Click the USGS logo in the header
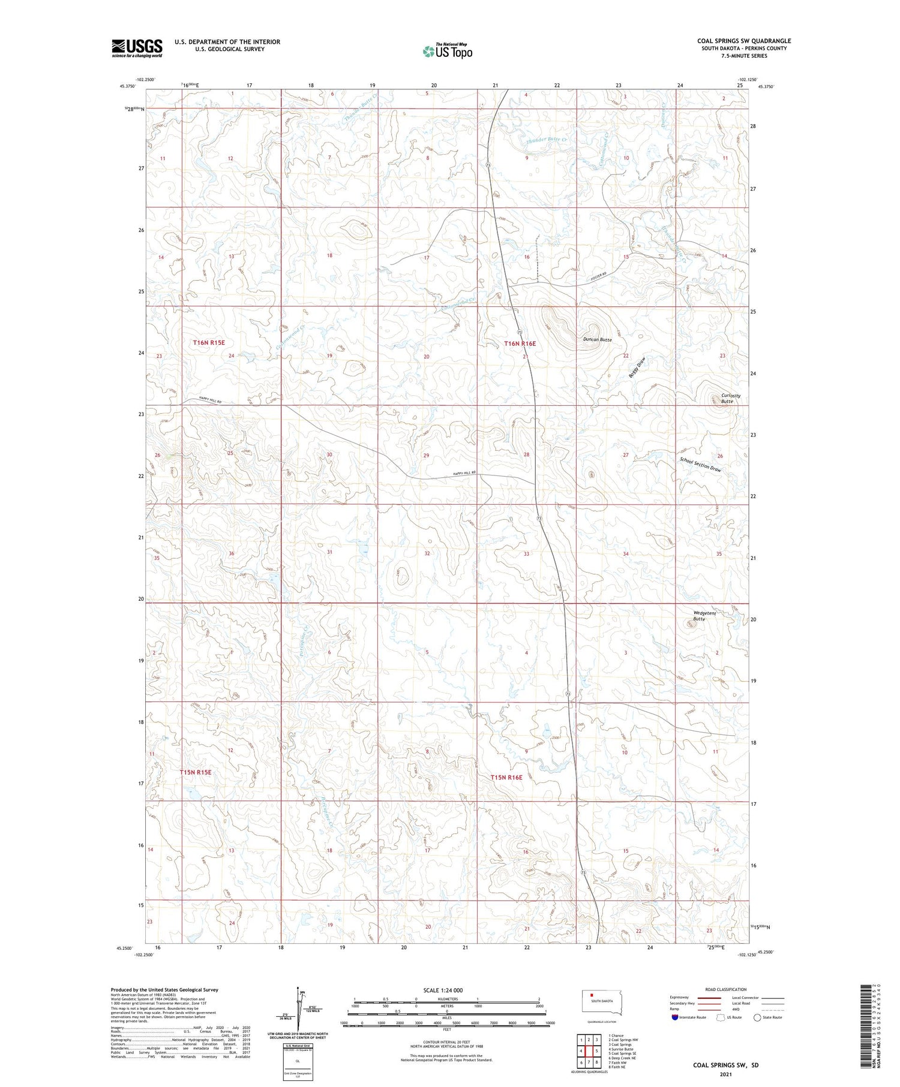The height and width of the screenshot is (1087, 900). click(137, 48)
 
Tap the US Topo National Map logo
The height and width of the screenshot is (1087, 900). click(447, 51)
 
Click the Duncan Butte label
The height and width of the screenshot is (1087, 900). click(598, 340)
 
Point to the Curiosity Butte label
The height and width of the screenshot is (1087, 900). click(727, 398)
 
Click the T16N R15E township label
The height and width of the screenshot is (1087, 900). click(209, 342)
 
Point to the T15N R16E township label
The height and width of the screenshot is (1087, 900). click(506, 777)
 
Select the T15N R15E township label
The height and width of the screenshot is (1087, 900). click(196, 772)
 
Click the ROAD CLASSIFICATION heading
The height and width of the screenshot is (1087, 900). click(726, 990)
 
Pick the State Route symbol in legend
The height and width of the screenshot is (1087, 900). click(757, 1017)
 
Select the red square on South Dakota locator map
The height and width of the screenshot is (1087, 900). click(592, 999)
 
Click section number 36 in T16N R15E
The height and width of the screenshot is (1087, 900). click(231, 553)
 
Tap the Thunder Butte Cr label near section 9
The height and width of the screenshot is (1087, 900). click(547, 140)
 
